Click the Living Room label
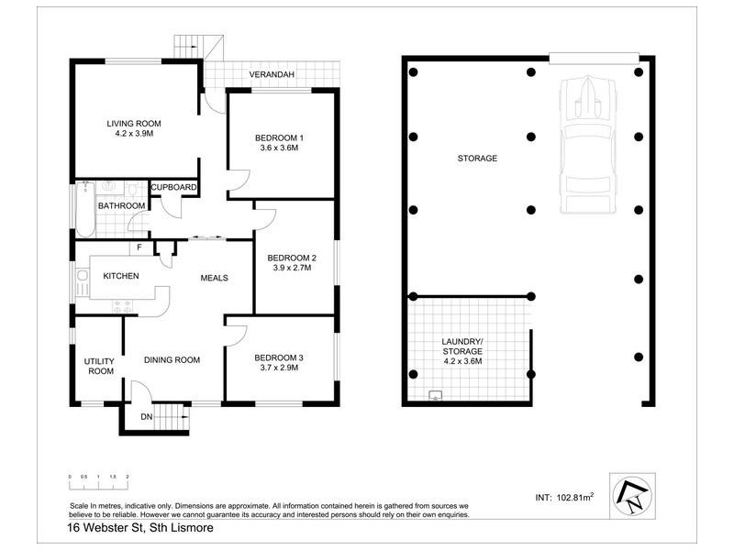click(x=134, y=124)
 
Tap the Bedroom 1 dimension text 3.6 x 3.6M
click(x=279, y=148)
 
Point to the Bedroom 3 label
click(x=279, y=357)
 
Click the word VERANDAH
click(x=272, y=75)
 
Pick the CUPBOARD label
click(x=174, y=188)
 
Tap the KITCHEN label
click(x=120, y=276)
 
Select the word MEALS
click(x=214, y=278)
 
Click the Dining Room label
click(x=172, y=359)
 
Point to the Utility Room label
click(x=99, y=366)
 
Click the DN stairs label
click(x=147, y=417)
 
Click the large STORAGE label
click(x=477, y=159)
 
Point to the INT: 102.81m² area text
click(x=563, y=497)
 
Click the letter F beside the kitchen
click(x=139, y=247)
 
